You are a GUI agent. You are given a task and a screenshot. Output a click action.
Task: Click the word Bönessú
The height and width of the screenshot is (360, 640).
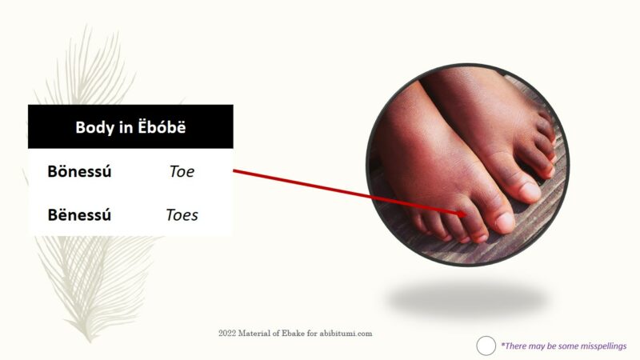click(x=79, y=171)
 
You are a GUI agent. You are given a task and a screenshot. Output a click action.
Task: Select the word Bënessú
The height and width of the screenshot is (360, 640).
click(x=79, y=214)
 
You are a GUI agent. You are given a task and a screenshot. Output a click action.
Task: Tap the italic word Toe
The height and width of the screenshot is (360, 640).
click(x=182, y=171)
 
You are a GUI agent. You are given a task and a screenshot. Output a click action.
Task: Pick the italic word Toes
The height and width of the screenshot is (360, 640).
click(x=182, y=214)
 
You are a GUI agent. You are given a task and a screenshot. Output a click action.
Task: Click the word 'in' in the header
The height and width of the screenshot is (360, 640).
click(x=126, y=127)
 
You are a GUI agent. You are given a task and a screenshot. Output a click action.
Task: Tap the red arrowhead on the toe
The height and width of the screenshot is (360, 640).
click(x=462, y=213)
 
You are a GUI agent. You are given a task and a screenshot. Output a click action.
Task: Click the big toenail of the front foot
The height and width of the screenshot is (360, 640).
click(x=505, y=222)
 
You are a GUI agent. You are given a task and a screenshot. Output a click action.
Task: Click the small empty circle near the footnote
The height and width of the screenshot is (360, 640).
click(x=486, y=346)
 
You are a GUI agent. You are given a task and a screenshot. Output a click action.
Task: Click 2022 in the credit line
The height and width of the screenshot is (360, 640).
click(x=227, y=333)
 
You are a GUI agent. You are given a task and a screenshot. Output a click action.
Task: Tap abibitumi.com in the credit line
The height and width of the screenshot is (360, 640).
click(x=346, y=333)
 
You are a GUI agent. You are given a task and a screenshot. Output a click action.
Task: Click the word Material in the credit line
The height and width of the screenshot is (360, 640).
click(x=255, y=333)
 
